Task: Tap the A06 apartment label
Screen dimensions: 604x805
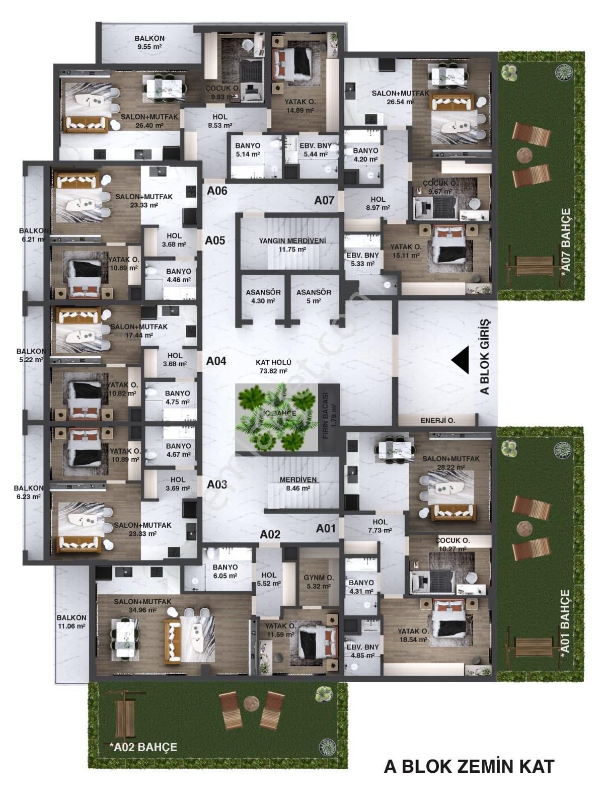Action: tap(217, 191)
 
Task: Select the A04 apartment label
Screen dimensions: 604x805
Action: tap(216, 361)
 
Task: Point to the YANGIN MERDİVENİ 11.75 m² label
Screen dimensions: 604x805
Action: tap(292, 245)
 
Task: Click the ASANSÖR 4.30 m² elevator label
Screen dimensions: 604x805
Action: tap(263, 296)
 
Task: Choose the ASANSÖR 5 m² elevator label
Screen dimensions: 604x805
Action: tap(314, 296)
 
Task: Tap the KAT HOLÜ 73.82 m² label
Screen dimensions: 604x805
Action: tap(274, 366)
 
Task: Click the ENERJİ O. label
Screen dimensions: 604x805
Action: tap(438, 421)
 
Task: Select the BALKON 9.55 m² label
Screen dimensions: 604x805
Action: tap(149, 42)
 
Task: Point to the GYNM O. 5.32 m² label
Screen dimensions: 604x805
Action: tap(319, 582)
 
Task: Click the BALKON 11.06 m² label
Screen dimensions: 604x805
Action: tap(71, 622)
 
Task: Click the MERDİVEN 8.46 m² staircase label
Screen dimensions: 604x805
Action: tap(298, 484)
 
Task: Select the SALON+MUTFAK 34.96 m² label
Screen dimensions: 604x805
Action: tap(142, 605)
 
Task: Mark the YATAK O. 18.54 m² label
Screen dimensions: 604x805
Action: tap(413, 635)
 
